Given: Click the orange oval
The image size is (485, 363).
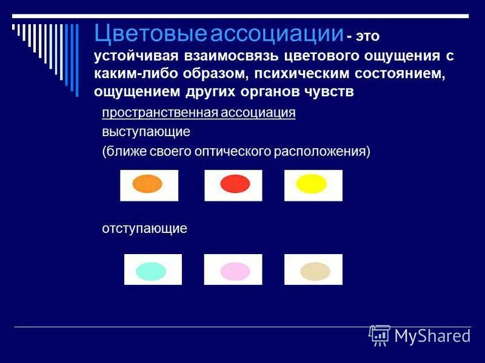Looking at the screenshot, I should pyautogui.click(x=147, y=184).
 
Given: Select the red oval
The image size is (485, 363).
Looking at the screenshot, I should pyautogui.click(x=235, y=184).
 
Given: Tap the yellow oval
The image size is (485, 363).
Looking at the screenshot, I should pyautogui.click(x=312, y=184).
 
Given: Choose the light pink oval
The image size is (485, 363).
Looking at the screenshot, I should pyautogui.click(x=235, y=271).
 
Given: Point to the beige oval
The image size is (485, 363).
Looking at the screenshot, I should pyautogui.click(x=315, y=271).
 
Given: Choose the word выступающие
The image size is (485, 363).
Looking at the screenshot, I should pyautogui.click(x=145, y=131).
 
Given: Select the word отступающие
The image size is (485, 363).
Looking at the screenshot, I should pyautogui.click(x=144, y=229).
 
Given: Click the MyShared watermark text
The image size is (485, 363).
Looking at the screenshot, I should pyautogui.click(x=432, y=336).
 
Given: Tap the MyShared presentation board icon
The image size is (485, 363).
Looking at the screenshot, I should pyautogui.click(x=380, y=335).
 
